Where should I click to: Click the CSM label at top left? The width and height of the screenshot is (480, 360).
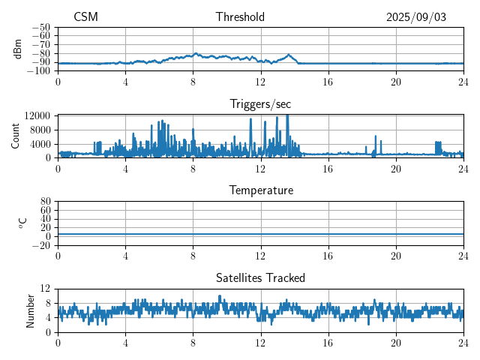(85, 17)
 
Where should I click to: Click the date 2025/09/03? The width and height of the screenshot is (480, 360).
(416, 17)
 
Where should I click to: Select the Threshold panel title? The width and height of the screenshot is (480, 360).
(240, 17)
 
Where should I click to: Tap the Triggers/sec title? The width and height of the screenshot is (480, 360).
(261, 104)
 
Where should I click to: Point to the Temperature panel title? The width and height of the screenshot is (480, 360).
(261, 190)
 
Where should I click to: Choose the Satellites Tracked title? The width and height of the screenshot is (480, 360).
(261, 277)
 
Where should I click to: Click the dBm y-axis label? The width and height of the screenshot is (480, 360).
(18, 48)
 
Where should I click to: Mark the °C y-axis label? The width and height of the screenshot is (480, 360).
(22, 223)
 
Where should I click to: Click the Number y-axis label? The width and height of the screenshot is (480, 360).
(31, 310)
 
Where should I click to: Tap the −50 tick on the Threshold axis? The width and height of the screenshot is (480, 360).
(42, 28)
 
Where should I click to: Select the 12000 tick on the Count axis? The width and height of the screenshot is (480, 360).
(37, 115)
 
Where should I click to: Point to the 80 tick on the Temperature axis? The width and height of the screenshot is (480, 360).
(45, 202)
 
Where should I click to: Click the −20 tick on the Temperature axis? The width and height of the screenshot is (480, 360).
(42, 245)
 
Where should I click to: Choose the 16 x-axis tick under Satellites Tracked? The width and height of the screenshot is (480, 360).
(328, 342)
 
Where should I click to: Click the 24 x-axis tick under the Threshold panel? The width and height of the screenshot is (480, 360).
(463, 81)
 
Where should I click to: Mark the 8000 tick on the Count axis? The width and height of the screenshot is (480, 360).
(40, 129)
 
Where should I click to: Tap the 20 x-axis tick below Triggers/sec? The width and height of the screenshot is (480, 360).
(396, 168)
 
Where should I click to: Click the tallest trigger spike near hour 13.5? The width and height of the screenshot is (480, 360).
(287, 117)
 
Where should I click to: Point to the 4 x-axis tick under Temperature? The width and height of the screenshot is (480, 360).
(125, 255)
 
